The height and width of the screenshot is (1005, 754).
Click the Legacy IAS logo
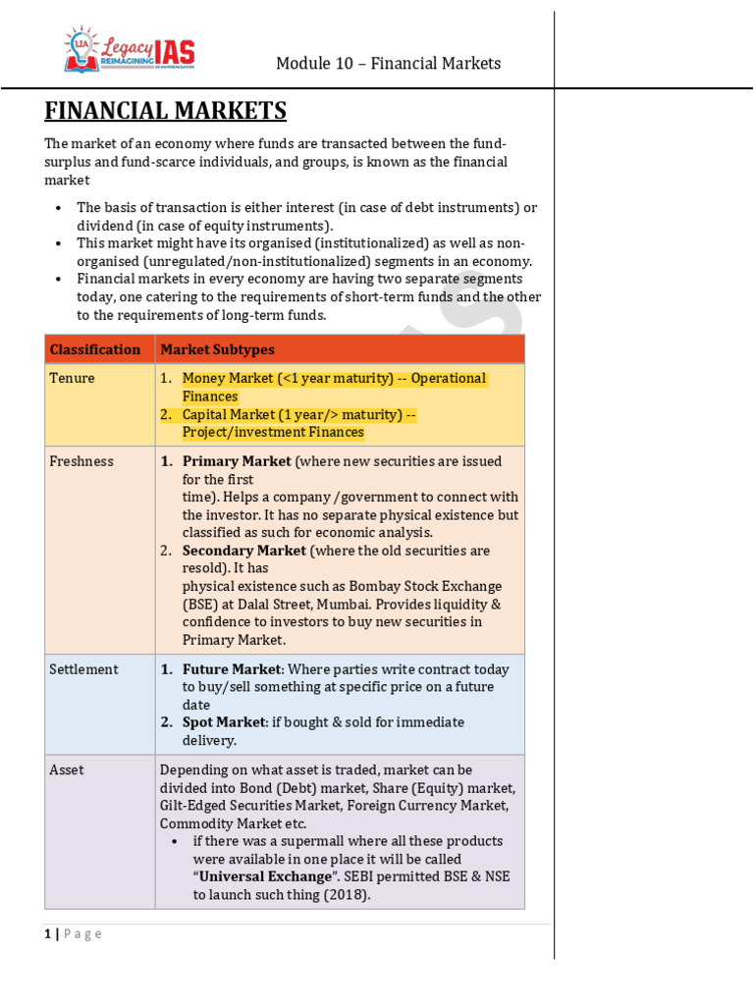tap(130, 50)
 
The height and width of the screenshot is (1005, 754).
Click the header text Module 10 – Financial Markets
tap(388, 64)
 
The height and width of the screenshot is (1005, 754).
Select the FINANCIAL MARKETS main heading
tap(165, 110)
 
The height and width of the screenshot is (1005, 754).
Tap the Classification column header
tap(95, 349)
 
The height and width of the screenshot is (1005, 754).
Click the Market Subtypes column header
tap(217, 349)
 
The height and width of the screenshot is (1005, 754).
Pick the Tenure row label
tap(72, 378)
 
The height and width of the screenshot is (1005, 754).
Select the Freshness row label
tap(81, 461)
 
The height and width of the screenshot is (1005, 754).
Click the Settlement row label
tap(83, 669)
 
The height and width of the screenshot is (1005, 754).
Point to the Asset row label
tap(66, 770)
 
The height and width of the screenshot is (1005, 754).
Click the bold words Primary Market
tap(237, 461)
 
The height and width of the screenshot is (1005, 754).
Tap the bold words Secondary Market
tap(243, 551)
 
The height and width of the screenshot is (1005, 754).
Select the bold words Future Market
tap(231, 669)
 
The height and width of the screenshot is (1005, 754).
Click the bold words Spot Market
tap(224, 722)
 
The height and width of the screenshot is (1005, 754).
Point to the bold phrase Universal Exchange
tap(265, 876)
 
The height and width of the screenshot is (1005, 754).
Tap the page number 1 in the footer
tap(47, 934)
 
